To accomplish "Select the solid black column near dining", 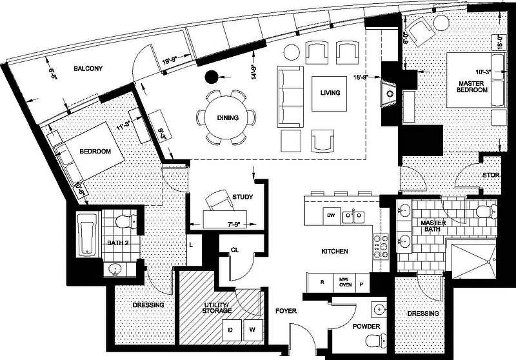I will point(211,77).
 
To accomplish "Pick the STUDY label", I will point(242,197).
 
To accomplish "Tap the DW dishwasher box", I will point(330,215).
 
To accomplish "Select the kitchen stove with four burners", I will point(379,243).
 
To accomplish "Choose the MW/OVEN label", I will point(346,282).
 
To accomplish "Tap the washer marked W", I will point(252,330).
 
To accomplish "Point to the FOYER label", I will point(286,311).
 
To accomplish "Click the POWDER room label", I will point(366,326).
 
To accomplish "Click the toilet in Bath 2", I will point(123,223).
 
